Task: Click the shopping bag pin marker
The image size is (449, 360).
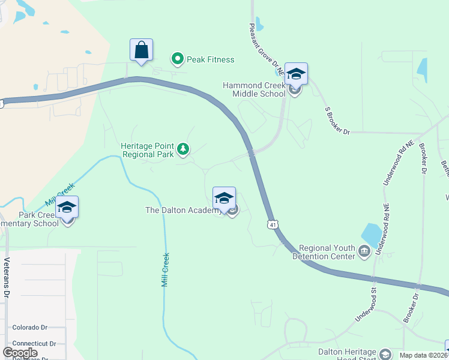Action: coord(141,50)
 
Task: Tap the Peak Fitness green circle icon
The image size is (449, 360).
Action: coord(178,59)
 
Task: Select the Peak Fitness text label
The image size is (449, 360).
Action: coord(210,59)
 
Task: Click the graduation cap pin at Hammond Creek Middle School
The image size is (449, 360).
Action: coord(295,74)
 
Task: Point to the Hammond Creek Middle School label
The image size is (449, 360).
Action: coord(254,89)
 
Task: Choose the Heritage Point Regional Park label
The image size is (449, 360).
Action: coord(148,150)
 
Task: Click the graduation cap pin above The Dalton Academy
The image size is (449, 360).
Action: coord(224,199)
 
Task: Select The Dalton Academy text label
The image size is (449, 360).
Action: coord(184,210)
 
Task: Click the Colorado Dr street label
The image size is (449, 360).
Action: coord(29,328)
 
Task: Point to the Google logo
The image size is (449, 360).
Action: coord(20,352)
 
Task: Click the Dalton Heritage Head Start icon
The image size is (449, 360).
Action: coord(385,355)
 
